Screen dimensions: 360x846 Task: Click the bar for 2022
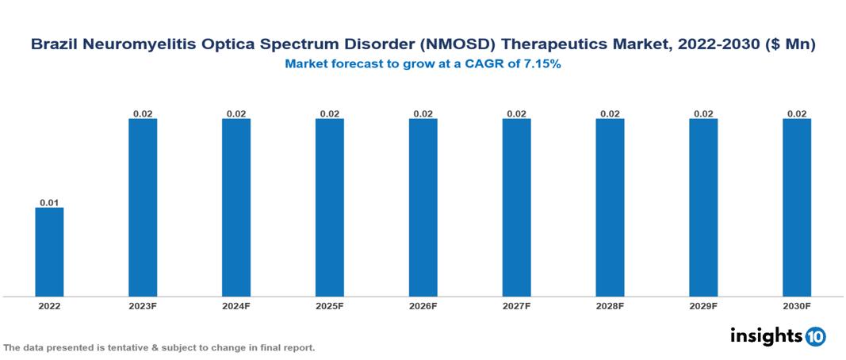click(49, 251)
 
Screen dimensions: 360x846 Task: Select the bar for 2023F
click(143, 207)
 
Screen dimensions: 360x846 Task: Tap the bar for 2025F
click(329, 207)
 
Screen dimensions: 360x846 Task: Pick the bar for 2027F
click(516, 207)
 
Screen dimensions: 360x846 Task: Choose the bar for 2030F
click(796, 207)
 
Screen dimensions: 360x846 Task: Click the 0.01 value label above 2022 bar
click(49, 203)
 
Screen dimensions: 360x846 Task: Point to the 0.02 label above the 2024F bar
click(236, 114)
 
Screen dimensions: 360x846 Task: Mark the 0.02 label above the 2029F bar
click(703, 114)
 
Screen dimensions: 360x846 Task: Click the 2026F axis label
click(423, 305)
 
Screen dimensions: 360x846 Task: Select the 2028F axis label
click(610, 305)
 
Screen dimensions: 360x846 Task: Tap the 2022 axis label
click(49, 305)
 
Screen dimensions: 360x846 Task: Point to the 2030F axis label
click(796, 305)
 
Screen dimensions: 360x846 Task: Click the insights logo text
click(766, 335)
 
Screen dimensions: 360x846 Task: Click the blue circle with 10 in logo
click(816, 337)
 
